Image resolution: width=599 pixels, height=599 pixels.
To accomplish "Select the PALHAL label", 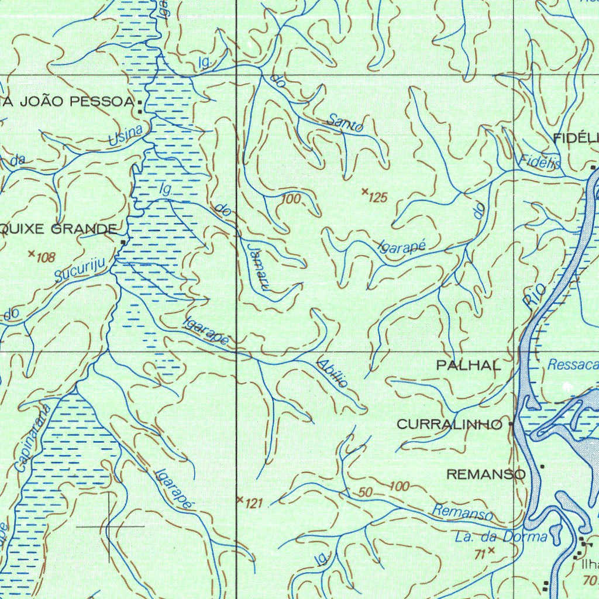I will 469,366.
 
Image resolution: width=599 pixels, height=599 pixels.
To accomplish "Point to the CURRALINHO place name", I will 449,425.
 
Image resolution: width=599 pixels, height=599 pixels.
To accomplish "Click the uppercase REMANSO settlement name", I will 486,474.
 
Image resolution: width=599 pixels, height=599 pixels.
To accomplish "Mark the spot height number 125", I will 378,198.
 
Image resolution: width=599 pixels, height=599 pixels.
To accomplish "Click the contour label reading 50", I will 366,493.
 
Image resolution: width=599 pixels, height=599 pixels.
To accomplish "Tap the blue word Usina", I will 126,136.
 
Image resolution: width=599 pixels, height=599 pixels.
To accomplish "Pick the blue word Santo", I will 345,122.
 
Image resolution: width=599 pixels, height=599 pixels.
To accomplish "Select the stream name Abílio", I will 333,372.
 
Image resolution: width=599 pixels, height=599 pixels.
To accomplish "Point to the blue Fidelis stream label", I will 539,163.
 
